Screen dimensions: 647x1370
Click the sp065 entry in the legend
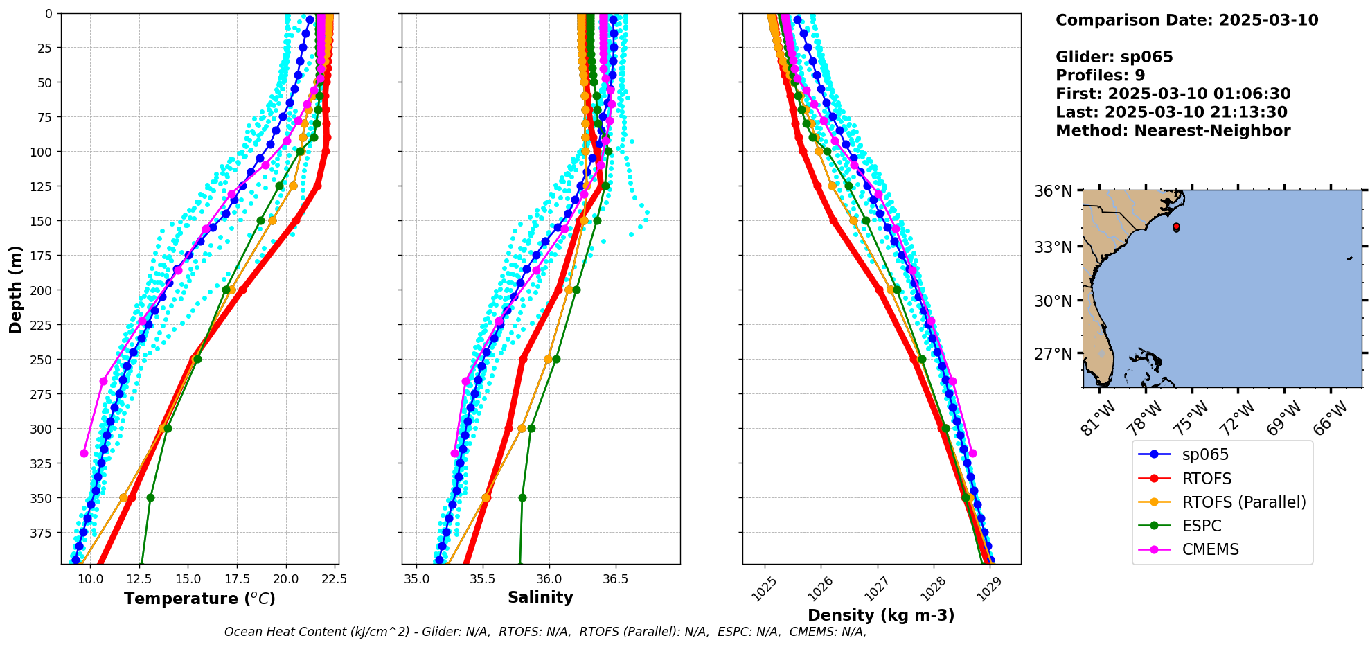(x=1205, y=455)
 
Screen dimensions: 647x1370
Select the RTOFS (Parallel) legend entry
(x=1243, y=502)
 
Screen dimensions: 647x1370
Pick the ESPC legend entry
(x=1201, y=526)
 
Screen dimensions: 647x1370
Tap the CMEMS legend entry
(x=1210, y=549)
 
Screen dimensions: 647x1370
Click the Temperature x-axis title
(x=199, y=599)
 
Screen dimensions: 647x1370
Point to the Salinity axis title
(x=540, y=597)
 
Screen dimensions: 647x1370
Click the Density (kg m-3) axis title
(x=881, y=615)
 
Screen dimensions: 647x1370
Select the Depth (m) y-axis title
(x=15, y=289)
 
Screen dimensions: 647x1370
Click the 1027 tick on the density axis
(x=874, y=585)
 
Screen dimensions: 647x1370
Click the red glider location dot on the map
(x=1176, y=227)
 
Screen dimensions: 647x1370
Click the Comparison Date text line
(x=1186, y=20)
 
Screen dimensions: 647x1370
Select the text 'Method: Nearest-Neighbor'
(x=1173, y=131)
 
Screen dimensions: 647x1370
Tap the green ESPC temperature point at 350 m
(x=150, y=497)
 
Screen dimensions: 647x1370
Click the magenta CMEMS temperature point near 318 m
(x=84, y=453)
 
